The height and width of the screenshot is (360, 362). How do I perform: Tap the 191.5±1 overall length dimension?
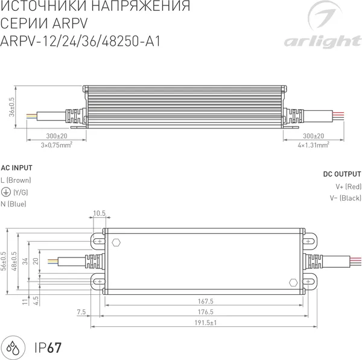pyautogui.click(x=206, y=323)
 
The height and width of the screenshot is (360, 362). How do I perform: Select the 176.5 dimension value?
pyautogui.click(x=206, y=312)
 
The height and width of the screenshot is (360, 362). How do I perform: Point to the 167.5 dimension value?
pyautogui.click(x=206, y=301)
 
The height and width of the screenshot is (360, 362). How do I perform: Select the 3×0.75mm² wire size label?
pyautogui.click(x=57, y=145)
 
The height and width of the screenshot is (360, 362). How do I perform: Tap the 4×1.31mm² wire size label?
pyautogui.click(x=313, y=145)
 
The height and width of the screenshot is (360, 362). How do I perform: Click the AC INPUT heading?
pyautogui.click(x=17, y=168)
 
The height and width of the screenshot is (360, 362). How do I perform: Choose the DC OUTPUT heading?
pyautogui.click(x=342, y=174)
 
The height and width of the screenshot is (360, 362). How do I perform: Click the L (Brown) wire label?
pyautogui.click(x=16, y=180)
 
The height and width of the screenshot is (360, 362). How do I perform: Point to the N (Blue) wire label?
pyautogui.click(x=13, y=204)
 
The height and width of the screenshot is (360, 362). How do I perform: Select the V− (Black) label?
pyautogui.click(x=345, y=198)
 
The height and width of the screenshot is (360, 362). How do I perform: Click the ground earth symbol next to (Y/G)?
pyautogui.click(x=5, y=192)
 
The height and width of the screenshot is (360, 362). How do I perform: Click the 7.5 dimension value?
pyautogui.click(x=81, y=312)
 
